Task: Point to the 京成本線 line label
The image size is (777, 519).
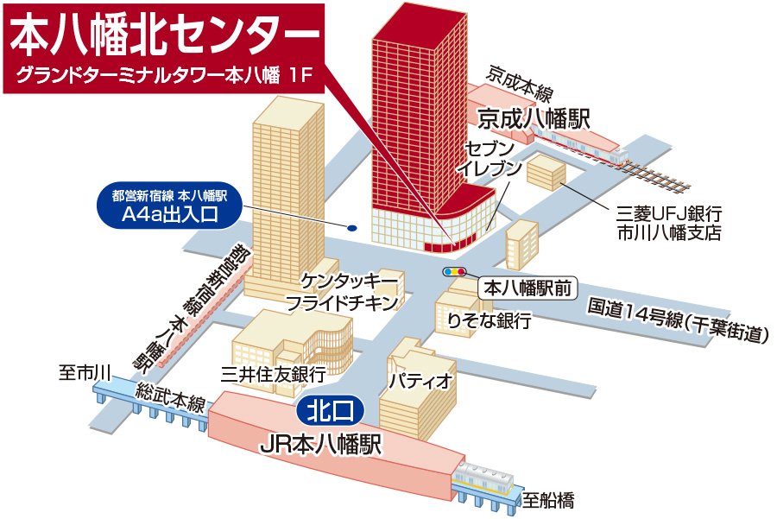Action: pyautogui.click(x=518, y=83)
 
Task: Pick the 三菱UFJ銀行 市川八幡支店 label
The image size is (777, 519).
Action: pyautogui.click(x=669, y=222)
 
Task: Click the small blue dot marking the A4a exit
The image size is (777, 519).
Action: pyautogui.click(x=351, y=229)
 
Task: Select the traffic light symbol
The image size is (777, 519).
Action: pyautogui.click(x=454, y=272)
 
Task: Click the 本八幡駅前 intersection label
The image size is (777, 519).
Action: pyautogui.click(x=527, y=288)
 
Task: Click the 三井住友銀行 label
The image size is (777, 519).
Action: pyautogui.click(x=273, y=375)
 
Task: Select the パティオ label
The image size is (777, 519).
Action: pyautogui.click(x=420, y=381)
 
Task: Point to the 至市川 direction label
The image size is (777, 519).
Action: pyautogui.click(x=85, y=374)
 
